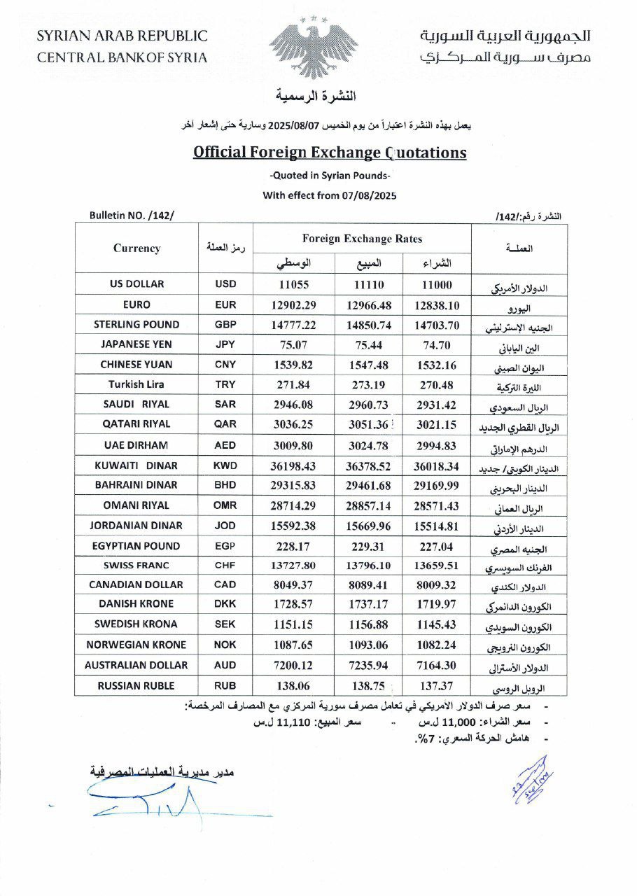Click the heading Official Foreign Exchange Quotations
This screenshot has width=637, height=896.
coord(330,152)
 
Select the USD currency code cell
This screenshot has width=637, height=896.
coord(226,284)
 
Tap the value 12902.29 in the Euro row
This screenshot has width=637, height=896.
coord(294,305)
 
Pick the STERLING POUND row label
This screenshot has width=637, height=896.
coord(136,325)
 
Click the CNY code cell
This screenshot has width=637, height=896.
coord(226,365)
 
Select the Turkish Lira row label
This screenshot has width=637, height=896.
coord(136,384)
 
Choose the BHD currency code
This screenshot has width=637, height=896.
coord(226,485)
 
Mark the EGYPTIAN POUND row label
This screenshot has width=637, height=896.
coord(136,546)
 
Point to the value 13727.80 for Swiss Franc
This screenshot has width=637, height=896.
coord(294,566)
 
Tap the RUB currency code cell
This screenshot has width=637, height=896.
coord(226,686)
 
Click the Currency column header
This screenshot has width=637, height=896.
coord(136,248)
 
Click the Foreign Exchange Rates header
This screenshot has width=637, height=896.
coord(363,239)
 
